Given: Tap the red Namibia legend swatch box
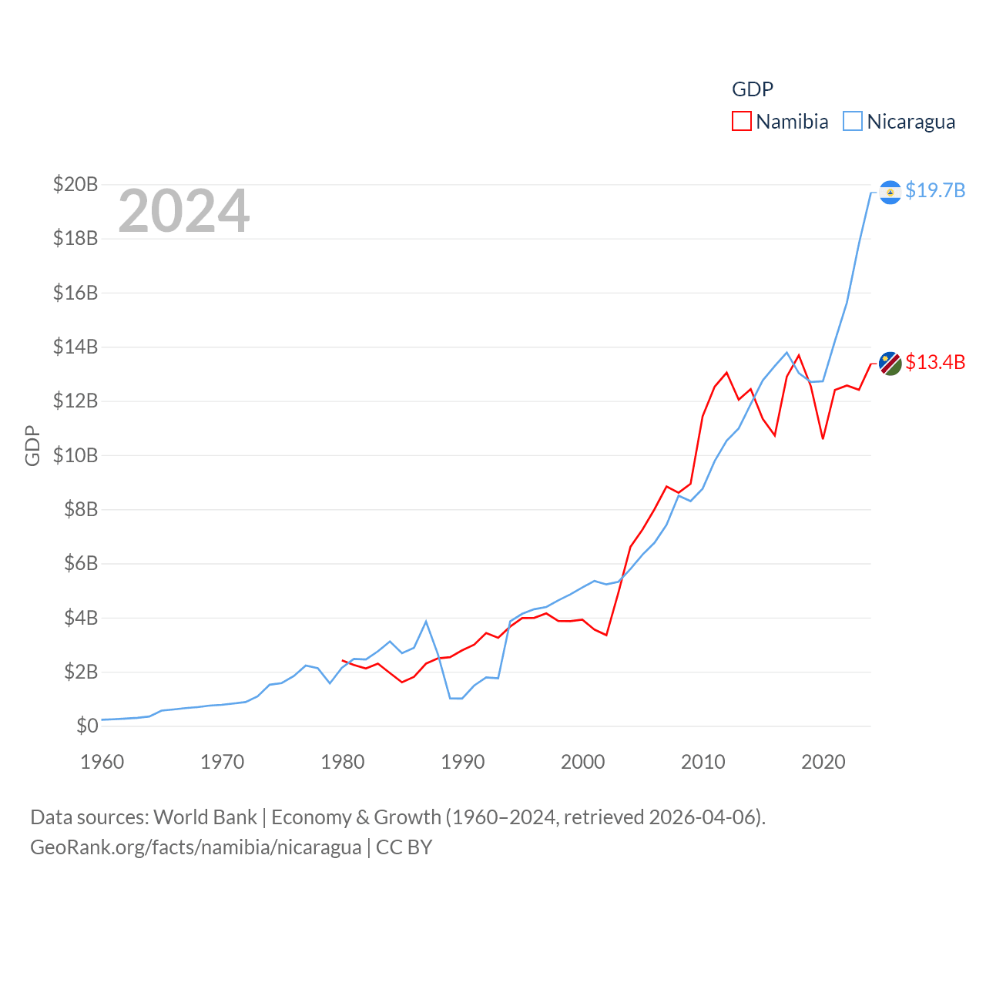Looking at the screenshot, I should tap(741, 121).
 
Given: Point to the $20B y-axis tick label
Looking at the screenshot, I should tap(75, 184).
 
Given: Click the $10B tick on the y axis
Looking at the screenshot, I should tap(75, 455).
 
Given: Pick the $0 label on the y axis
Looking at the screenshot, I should tap(87, 726).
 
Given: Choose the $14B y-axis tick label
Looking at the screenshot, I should tap(75, 347).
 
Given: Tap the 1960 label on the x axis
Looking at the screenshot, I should tap(102, 762).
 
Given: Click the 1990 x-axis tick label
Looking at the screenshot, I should tap(463, 762).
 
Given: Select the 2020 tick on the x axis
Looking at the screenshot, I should tap(823, 762).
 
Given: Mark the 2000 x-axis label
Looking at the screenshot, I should tap(583, 762).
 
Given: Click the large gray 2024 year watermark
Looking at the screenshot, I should tap(184, 211).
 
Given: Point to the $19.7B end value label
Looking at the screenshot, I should tap(935, 190).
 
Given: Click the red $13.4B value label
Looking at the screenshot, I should tap(935, 362).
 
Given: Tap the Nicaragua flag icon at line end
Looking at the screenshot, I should tap(890, 192).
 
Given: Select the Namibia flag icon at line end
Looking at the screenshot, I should tap(890, 364).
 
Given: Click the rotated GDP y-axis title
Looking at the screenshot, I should tap(32, 445).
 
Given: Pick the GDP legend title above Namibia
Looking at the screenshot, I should tap(752, 89).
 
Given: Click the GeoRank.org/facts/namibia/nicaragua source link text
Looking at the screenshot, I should tap(196, 847).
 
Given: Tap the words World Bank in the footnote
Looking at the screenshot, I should tap(205, 817).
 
